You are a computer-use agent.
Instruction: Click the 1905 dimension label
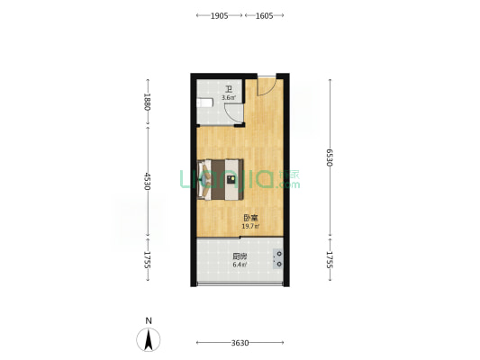[219, 15]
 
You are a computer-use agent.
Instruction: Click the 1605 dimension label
[264, 15]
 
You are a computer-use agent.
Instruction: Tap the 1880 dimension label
[148, 102]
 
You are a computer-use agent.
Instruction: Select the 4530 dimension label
[148, 181]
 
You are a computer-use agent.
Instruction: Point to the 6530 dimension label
[330, 157]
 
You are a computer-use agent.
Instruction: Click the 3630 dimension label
[240, 343]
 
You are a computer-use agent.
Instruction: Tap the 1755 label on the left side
[148, 260]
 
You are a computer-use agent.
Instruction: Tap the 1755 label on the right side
[330, 260]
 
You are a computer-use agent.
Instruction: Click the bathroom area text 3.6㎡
[229, 98]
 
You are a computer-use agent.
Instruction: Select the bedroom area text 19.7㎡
[250, 227]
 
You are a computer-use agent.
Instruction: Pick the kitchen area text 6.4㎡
[240, 265]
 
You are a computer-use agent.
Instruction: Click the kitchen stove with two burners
[278, 259]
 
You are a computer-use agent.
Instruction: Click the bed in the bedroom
[221, 179]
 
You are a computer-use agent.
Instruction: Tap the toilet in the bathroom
[204, 103]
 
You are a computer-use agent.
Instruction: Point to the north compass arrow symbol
[149, 339]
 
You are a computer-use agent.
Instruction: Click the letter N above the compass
[149, 320]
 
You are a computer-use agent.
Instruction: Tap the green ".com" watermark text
[288, 184]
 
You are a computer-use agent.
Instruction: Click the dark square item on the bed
[231, 179]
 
